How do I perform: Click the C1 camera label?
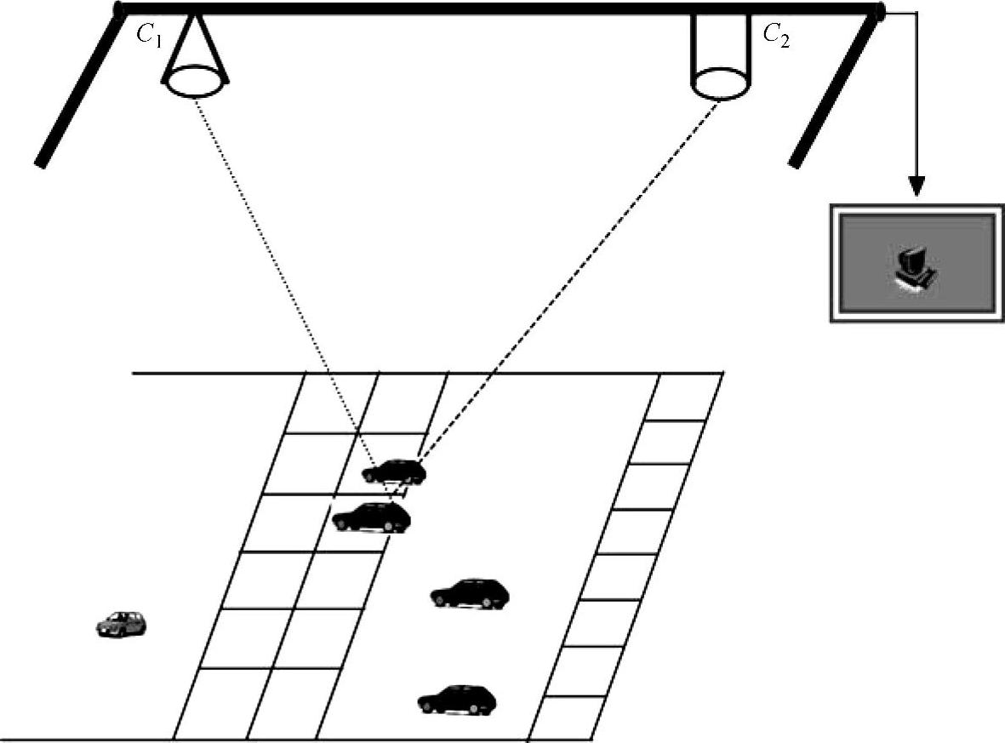(x=149, y=35)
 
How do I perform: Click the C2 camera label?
(x=776, y=35)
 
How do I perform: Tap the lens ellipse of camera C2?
(x=719, y=83)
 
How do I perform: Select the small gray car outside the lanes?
(x=121, y=624)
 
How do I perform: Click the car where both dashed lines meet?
(x=393, y=472)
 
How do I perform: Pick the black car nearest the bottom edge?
(x=457, y=700)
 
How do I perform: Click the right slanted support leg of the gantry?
(x=836, y=89)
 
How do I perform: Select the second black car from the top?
(x=371, y=517)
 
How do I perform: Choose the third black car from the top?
(x=471, y=593)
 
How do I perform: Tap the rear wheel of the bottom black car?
(x=428, y=706)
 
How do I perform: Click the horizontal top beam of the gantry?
(x=500, y=9)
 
